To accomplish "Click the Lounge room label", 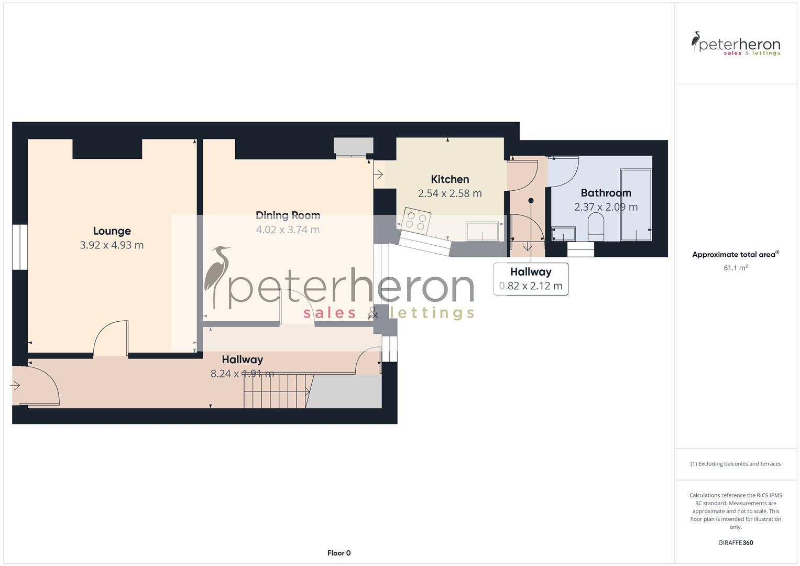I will pyautogui.click(x=112, y=231).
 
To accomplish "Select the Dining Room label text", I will pyautogui.click(x=288, y=215).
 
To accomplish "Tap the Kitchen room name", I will pyautogui.click(x=450, y=179).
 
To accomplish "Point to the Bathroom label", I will pyautogui.click(x=606, y=193).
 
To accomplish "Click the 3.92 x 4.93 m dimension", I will pyautogui.click(x=112, y=245).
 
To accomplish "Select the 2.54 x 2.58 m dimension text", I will pyautogui.click(x=450, y=193).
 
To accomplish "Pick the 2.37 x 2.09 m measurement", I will pyautogui.click(x=606, y=207).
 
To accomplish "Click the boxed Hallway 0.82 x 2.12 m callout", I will pyautogui.click(x=531, y=279).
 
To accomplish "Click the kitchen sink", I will pyautogui.click(x=482, y=231).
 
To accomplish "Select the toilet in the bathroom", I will pyautogui.click(x=596, y=227).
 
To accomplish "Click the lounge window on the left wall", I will pyautogui.click(x=19, y=247).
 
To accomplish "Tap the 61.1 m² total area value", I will pyautogui.click(x=735, y=268).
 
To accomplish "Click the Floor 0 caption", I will pyautogui.click(x=339, y=553).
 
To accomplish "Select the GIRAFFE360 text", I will pyautogui.click(x=735, y=542).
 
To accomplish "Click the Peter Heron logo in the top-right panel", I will pyautogui.click(x=735, y=43).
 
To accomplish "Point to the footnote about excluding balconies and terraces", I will pyautogui.click(x=735, y=464).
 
